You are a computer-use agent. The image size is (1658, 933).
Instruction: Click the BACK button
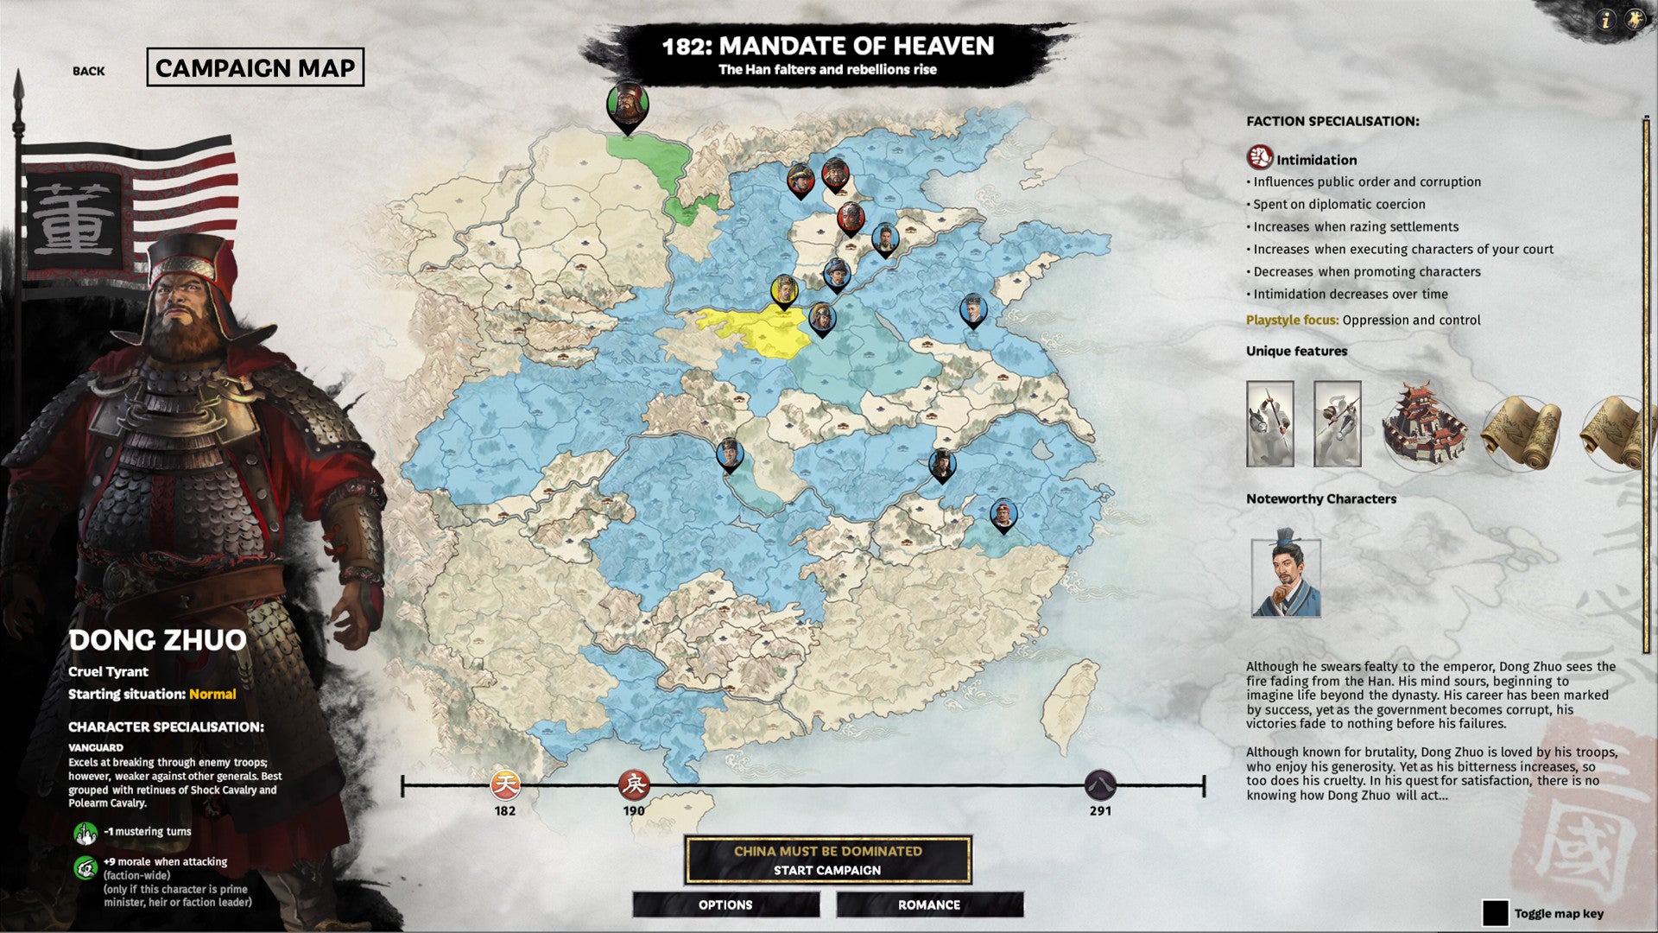click(88, 71)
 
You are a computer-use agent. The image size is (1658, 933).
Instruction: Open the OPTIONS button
click(725, 904)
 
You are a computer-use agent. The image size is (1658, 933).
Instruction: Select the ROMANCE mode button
click(929, 904)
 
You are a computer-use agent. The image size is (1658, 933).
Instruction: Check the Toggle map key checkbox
click(1495, 913)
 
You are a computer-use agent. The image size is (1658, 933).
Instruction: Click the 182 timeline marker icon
click(505, 784)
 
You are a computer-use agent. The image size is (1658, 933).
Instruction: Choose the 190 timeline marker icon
click(634, 784)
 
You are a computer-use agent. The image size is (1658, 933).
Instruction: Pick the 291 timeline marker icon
click(1100, 784)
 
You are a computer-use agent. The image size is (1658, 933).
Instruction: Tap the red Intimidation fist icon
click(1260, 157)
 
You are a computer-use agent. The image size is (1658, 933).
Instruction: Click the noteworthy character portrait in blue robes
click(1286, 577)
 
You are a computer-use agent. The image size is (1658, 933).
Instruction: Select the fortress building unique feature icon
click(1424, 424)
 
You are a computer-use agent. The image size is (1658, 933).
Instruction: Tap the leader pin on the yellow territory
click(784, 292)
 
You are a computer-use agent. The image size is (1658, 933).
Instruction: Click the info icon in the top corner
click(1605, 20)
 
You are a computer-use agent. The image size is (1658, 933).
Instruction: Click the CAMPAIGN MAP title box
click(255, 67)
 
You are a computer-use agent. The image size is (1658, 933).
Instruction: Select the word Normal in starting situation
click(212, 694)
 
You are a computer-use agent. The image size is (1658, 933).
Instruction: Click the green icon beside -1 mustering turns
click(85, 833)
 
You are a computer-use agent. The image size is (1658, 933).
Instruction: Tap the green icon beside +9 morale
click(85, 867)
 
